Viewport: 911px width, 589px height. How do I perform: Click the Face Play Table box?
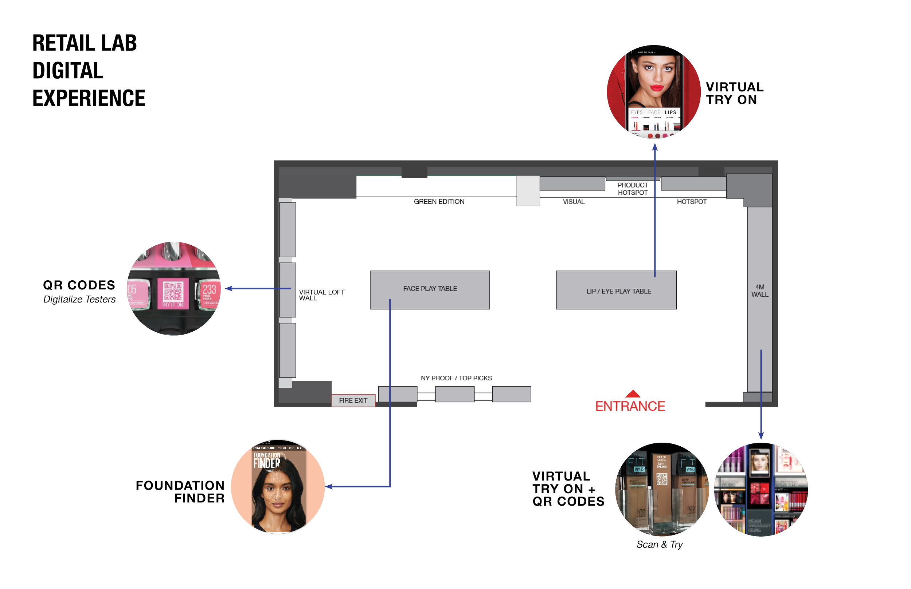pyautogui.click(x=430, y=289)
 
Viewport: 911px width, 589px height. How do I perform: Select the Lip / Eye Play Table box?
pyautogui.click(x=616, y=290)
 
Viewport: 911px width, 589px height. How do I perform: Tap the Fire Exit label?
pyautogui.click(x=353, y=400)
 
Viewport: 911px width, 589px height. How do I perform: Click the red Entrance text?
pyautogui.click(x=630, y=406)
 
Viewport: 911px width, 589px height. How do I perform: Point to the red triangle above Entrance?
pyautogui.click(x=633, y=394)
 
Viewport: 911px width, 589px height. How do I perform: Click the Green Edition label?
pyautogui.click(x=439, y=202)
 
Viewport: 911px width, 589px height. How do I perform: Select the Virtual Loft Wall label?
pyautogui.click(x=321, y=295)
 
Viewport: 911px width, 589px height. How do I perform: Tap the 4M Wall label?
pyautogui.click(x=760, y=290)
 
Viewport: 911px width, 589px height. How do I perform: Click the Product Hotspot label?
pyautogui.click(x=632, y=189)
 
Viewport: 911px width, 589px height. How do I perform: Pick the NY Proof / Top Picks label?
pyautogui.click(x=456, y=378)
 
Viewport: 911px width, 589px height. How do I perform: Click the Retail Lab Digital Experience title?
pyautogui.click(x=89, y=71)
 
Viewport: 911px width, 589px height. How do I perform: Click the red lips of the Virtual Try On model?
pyautogui.click(x=657, y=88)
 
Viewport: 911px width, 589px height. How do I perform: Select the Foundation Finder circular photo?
pyautogui.click(x=278, y=486)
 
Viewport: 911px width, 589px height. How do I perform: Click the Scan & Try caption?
pyautogui.click(x=659, y=545)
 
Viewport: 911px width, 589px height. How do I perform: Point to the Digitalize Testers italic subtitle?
pyautogui.click(x=79, y=300)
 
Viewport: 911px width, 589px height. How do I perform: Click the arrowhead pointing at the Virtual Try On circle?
pyautogui.click(x=655, y=146)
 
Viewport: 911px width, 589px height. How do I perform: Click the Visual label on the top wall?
pyautogui.click(x=574, y=202)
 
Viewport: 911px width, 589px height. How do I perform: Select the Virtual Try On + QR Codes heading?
pyautogui.click(x=568, y=489)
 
